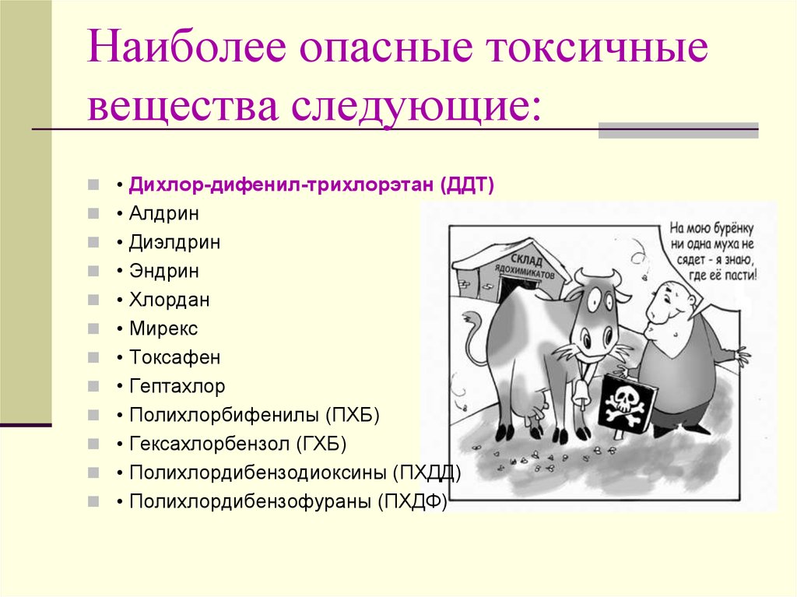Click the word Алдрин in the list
tap(163, 213)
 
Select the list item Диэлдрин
tap(174, 242)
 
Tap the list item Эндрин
tap(163, 271)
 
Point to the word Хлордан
tap(169, 300)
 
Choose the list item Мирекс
tap(163, 328)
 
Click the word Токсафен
tap(175, 357)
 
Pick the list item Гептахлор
tap(177, 387)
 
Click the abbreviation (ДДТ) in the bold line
tap(468, 184)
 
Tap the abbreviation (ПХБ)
tap(353, 416)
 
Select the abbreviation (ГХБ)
tap(321, 444)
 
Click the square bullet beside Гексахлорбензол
tap(93, 444)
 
